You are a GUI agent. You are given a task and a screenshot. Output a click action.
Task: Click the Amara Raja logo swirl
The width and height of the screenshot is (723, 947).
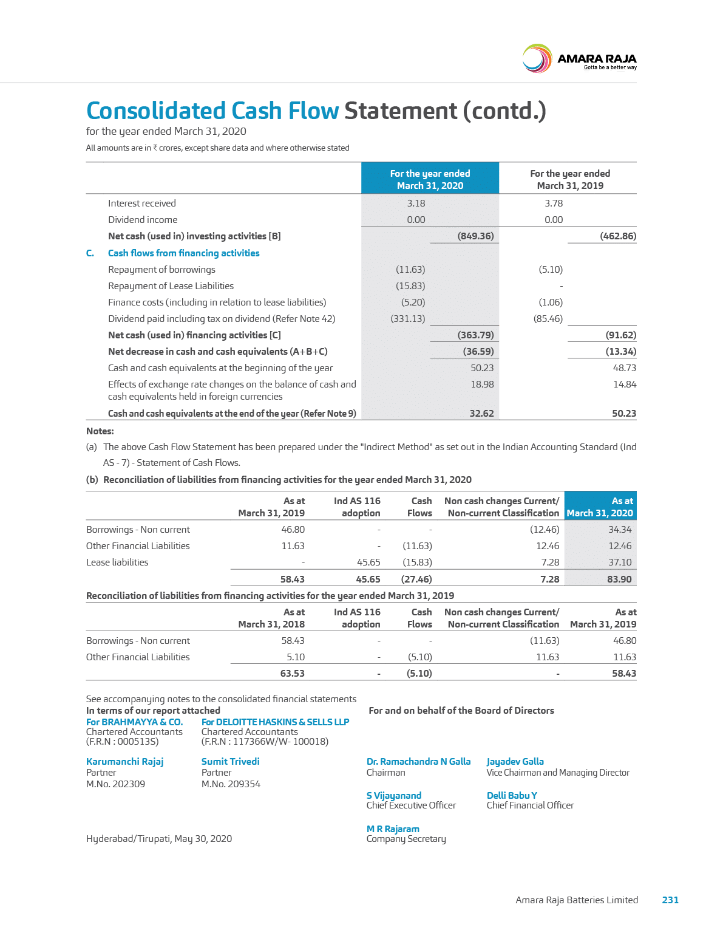(x=537, y=59)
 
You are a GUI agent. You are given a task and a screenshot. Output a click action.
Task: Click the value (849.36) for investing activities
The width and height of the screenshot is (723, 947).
(x=475, y=236)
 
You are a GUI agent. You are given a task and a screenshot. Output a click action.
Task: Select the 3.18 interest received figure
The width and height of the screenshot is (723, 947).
(x=416, y=203)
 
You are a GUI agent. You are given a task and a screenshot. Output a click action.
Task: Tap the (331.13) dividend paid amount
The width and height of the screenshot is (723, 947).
(x=407, y=319)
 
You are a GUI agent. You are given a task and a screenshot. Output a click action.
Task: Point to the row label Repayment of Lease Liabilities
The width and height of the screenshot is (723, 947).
(x=171, y=286)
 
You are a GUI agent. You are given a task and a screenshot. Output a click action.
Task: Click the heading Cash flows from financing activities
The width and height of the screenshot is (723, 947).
(x=183, y=253)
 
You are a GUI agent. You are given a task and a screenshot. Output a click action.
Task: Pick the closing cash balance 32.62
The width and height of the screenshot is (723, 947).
(x=481, y=414)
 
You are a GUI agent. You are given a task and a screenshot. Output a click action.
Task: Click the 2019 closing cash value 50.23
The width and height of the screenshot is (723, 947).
(x=624, y=414)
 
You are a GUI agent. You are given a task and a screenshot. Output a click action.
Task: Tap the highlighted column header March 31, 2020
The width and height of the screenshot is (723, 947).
(x=430, y=179)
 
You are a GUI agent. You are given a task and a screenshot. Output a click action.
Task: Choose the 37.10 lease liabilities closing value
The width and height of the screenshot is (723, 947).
(x=620, y=562)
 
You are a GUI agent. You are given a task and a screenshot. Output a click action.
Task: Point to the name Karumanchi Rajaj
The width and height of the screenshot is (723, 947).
(x=124, y=762)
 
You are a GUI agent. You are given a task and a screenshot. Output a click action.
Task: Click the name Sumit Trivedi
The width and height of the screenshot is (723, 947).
(x=230, y=762)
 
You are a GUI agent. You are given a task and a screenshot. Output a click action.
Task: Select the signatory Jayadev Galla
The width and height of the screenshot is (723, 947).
(x=515, y=762)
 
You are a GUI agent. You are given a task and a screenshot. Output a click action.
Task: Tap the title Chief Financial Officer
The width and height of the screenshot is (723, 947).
(x=529, y=805)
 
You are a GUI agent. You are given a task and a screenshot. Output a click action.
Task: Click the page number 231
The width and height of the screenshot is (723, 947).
(x=670, y=900)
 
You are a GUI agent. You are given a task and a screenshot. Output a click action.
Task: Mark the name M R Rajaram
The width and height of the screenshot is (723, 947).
(x=393, y=829)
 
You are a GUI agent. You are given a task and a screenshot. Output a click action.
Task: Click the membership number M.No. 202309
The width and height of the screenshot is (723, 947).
(x=115, y=784)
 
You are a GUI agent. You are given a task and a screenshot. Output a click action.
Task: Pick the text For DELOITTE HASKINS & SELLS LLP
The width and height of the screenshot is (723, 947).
(x=275, y=722)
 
